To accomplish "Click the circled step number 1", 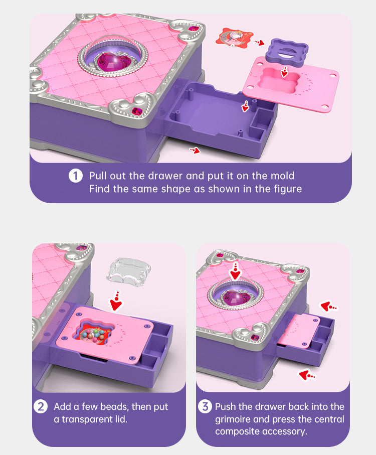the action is point(76,176).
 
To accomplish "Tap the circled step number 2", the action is point(40,406).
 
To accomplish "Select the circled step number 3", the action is point(205,406).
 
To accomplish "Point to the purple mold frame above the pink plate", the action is point(287,51).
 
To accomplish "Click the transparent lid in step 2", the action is point(129,272).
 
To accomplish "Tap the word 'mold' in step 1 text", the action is point(282,176).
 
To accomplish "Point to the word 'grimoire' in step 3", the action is point(233,419).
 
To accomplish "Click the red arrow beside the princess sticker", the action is point(260,43).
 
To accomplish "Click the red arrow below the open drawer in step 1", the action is point(195,150).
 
